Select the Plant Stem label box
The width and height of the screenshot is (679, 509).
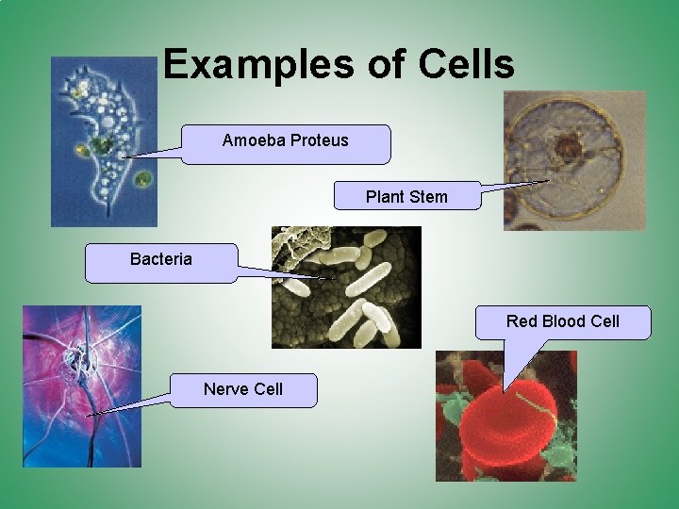point(407,196)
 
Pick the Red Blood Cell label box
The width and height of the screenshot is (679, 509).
point(562,322)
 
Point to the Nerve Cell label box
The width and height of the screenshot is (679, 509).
point(243,389)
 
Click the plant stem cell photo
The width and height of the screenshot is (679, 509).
point(574,160)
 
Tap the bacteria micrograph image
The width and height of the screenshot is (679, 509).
point(346,287)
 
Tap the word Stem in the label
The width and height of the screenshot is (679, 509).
point(430,197)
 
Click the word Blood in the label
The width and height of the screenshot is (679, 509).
point(564,321)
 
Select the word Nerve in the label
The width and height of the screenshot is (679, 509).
point(223,388)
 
